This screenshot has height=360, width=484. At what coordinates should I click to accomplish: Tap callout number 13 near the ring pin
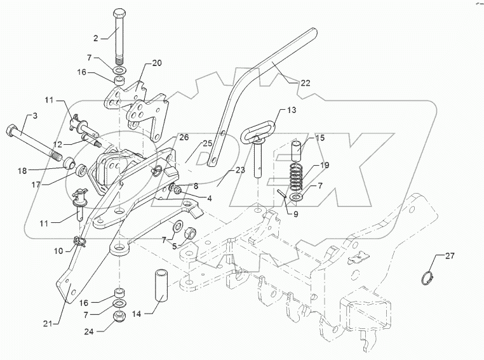point(292,110)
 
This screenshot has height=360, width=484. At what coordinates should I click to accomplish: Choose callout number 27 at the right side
point(449,256)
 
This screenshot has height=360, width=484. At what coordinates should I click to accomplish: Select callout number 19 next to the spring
point(324,166)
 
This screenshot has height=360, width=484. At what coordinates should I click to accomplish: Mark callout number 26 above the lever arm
point(184,137)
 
